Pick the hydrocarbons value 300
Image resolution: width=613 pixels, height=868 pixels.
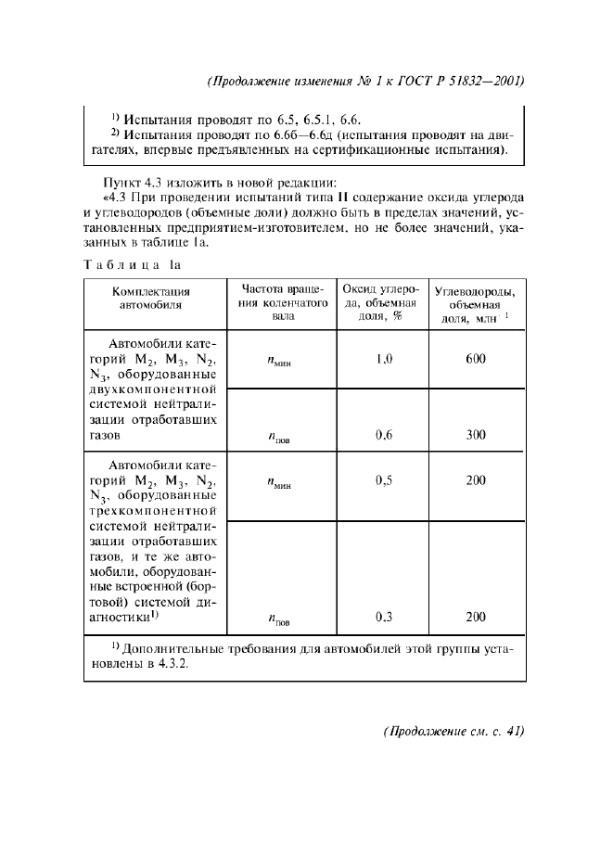(477, 434)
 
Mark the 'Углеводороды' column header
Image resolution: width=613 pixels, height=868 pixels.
(476, 303)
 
